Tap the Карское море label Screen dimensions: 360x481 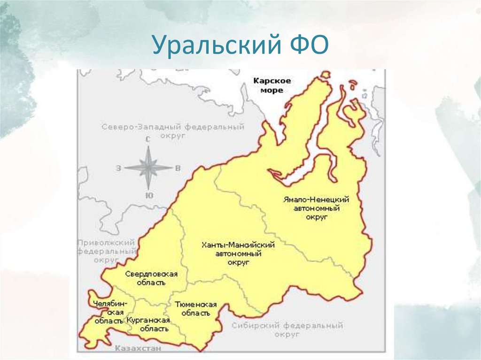tap(272, 85)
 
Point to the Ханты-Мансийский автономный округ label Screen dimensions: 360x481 tap(238, 253)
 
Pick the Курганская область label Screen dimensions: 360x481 tap(147, 324)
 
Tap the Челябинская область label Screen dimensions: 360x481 tap(109, 312)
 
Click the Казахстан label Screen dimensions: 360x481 tap(138, 348)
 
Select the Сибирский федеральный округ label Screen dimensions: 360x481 tap(287, 329)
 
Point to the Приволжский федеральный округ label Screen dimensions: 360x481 tap(106, 251)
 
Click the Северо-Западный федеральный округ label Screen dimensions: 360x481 tap(173, 130)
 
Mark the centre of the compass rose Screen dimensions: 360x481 tap(148, 167)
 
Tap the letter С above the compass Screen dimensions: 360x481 tap(148, 139)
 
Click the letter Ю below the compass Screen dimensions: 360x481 tap(148, 195)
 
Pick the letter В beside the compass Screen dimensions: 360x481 tap(178, 167)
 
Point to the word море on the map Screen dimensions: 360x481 tap(272, 90)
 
